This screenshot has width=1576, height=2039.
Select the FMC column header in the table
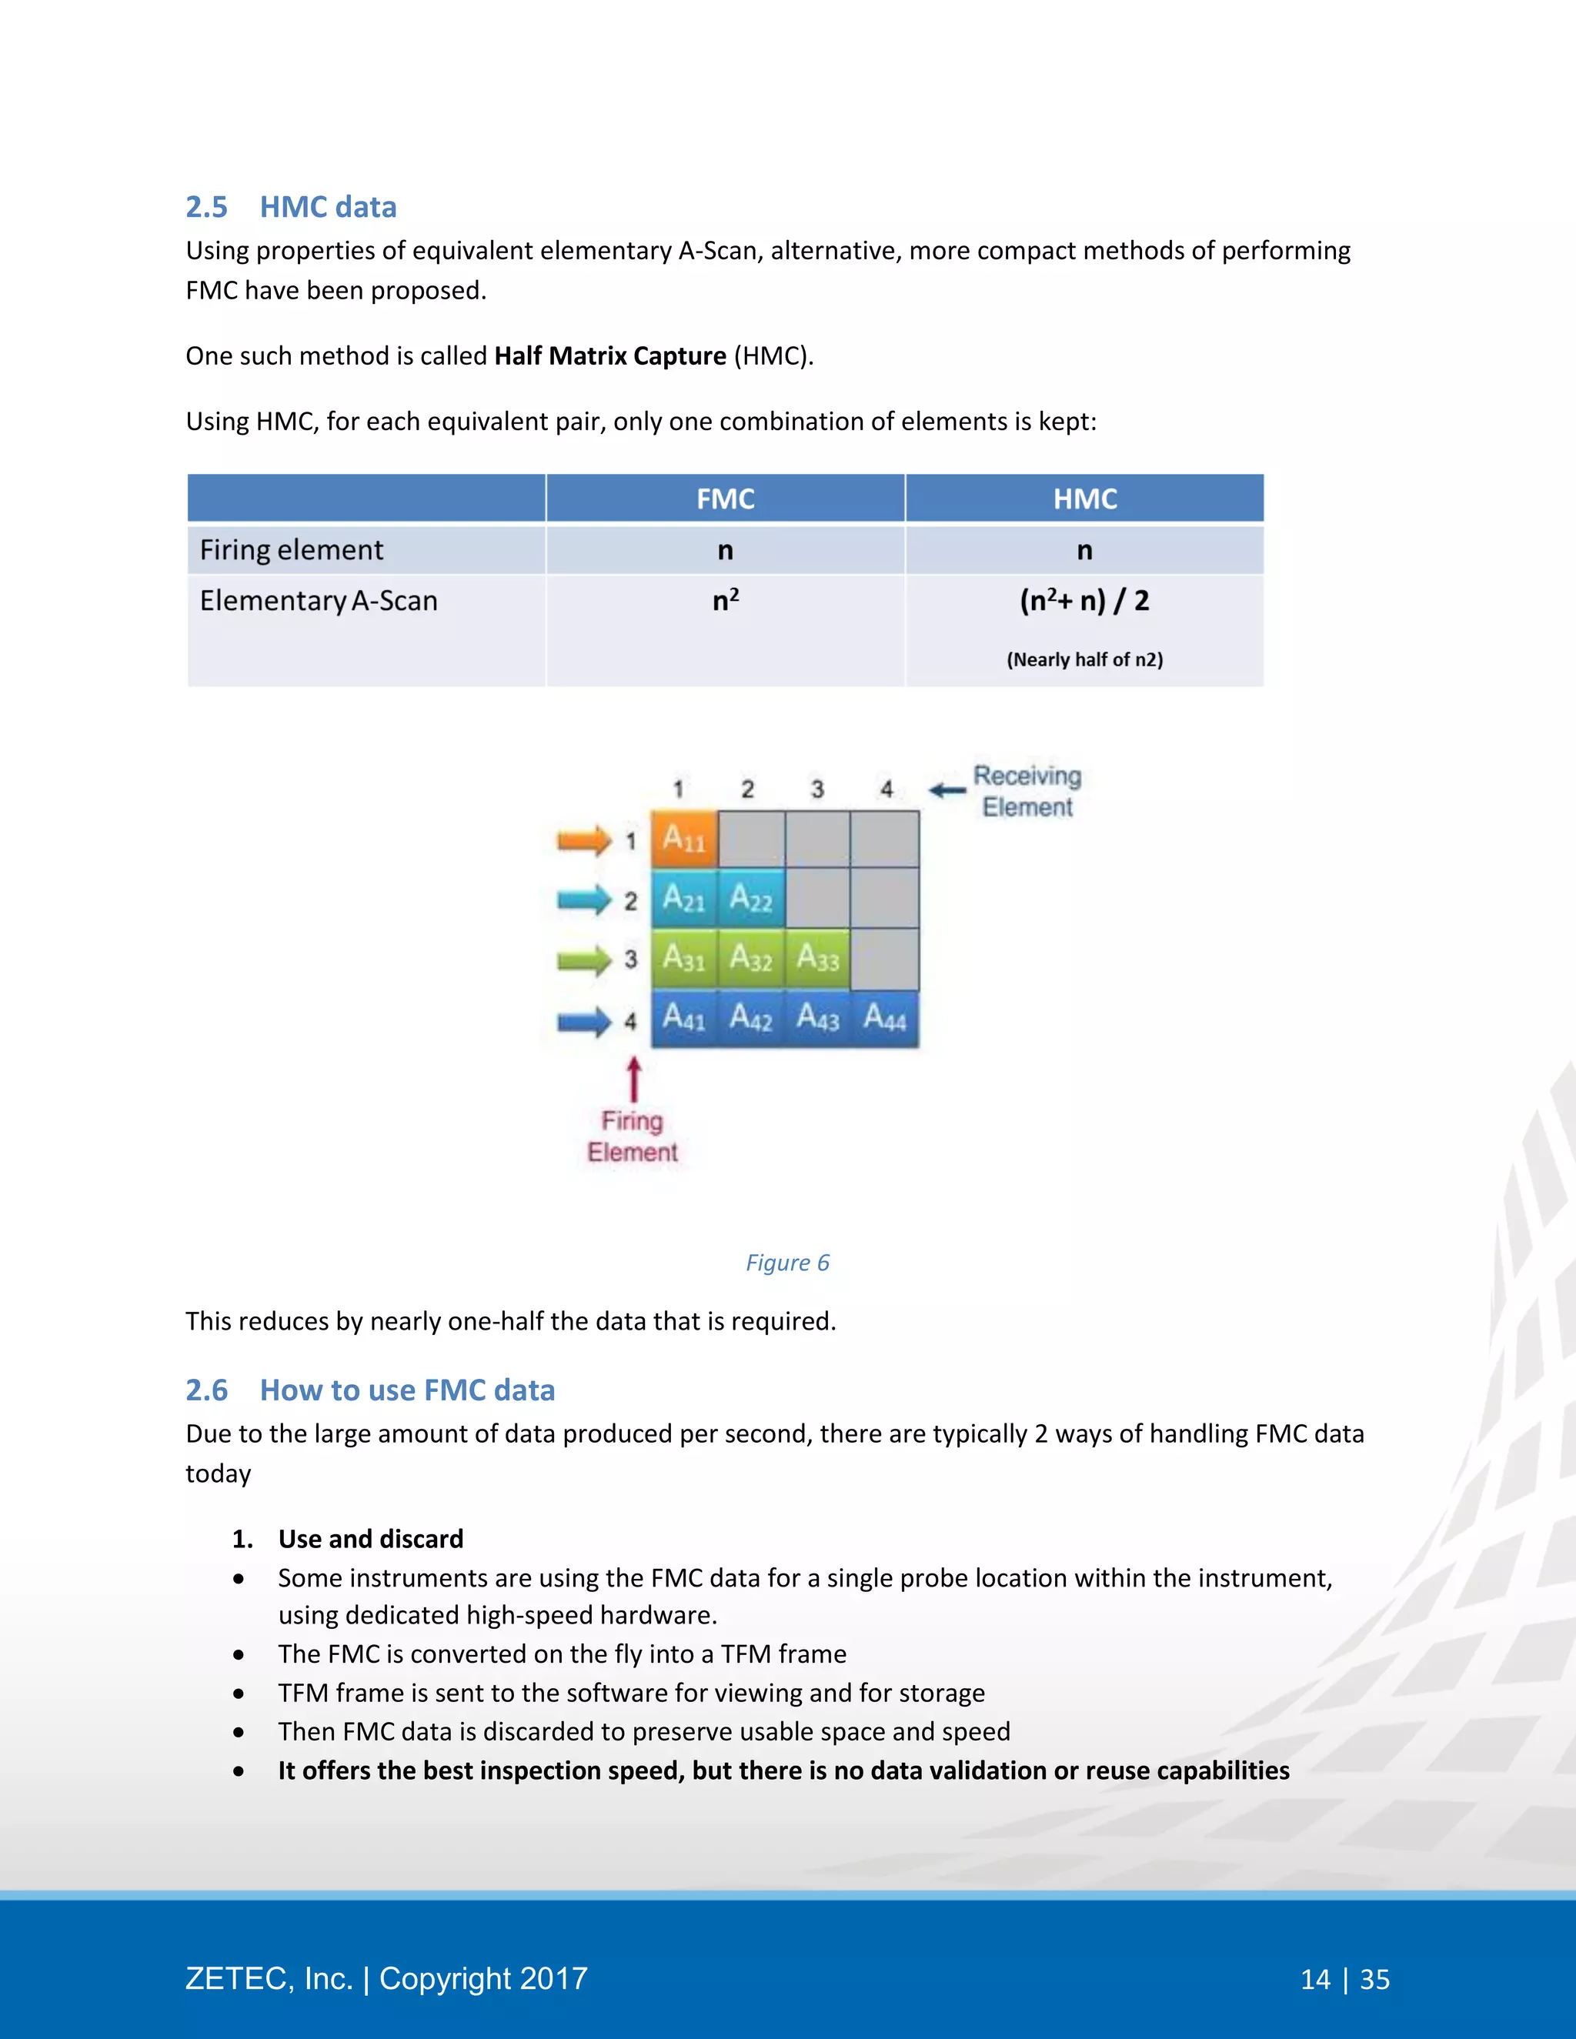pos(726,499)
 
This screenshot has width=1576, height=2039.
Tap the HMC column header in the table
pos(1084,499)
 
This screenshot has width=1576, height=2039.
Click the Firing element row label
pos(292,550)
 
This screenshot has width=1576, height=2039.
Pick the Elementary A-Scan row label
pos(319,600)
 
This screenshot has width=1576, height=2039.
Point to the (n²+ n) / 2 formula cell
pos(1084,600)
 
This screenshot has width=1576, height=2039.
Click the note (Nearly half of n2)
pos(1084,660)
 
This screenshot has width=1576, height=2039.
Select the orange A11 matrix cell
pos(683,839)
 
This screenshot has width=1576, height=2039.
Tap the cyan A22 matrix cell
pos(750,898)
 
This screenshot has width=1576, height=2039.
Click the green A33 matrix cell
pos(818,958)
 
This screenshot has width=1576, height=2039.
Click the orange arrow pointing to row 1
pos(583,840)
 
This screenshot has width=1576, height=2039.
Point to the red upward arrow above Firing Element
pos(634,1080)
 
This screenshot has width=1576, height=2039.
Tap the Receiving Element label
pos(1027,791)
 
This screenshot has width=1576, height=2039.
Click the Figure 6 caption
pos(787,1262)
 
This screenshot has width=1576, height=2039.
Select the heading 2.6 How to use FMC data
pos(369,1390)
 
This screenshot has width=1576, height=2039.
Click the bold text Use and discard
pos(371,1539)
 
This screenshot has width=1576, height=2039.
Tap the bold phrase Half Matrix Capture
pos(609,355)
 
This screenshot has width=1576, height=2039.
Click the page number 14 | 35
pos(1344,1979)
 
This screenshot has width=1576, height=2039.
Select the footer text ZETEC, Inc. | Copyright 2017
pos(386,1978)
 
